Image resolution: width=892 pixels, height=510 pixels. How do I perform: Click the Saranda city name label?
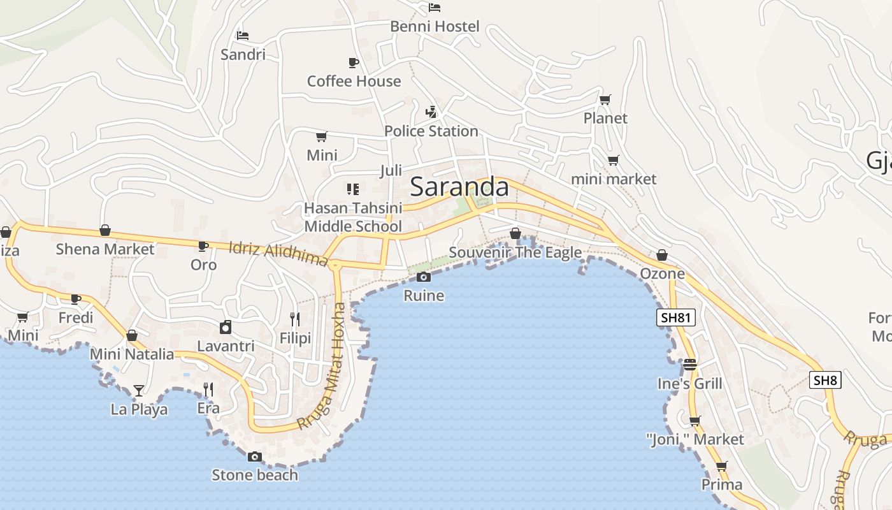click(459, 187)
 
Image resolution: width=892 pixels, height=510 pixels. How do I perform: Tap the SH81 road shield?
click(675, 317)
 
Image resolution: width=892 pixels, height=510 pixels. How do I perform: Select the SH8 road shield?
click(825, 381)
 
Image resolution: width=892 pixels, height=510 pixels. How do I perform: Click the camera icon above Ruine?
click(423, 277)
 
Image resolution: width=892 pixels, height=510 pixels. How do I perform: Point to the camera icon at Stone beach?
click(255, 456)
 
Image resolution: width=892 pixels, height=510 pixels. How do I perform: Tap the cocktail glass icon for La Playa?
click(139, 390)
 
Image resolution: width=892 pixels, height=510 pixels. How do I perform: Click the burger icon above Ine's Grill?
click(690, 365)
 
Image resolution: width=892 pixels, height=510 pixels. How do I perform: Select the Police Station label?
click(431, 131)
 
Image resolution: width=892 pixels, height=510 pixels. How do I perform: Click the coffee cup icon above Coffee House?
click(354, 62)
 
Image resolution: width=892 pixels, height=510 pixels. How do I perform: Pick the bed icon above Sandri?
click(243, 35)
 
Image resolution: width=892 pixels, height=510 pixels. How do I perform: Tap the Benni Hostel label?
click(435, 27)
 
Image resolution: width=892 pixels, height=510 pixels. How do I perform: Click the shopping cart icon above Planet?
click(605, 99)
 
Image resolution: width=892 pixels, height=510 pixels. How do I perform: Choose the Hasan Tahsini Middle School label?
click(353, 217)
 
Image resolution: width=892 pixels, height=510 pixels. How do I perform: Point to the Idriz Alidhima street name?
click(278, 253)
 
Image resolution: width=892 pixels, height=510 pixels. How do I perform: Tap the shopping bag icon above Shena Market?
click(105, 230)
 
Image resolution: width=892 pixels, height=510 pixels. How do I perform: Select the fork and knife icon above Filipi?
click(295, 319)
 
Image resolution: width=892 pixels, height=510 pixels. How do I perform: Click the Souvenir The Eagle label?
click(515, 252)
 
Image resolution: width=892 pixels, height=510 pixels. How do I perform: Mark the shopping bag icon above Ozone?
click(662, 255)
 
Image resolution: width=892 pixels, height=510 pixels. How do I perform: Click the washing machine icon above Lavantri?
click(226, 327)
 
